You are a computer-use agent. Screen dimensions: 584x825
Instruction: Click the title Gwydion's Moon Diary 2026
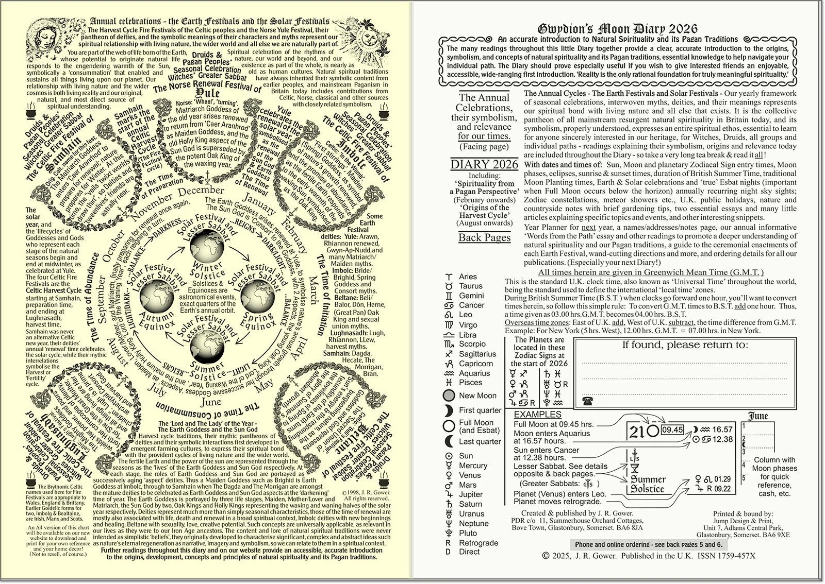coord(618,29)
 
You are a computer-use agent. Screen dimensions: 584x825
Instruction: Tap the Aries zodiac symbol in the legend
coord(449,277)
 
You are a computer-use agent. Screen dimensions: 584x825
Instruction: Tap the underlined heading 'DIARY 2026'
coord(484,165)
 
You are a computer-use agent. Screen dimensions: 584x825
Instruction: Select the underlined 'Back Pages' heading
coord(484,237)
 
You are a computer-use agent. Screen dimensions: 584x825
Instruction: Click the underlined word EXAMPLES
coord(537,414)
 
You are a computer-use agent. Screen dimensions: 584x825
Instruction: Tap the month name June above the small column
coord(757,416)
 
